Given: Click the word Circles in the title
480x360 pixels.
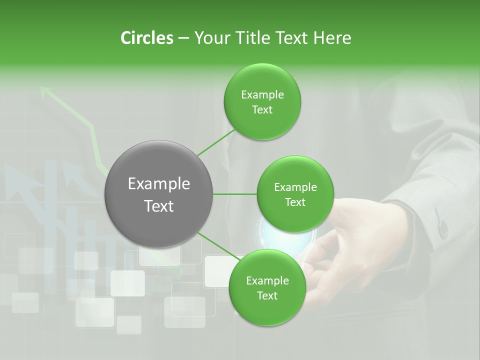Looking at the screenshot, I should [x=146, y=38].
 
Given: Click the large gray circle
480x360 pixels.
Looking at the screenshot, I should [x=159, y=194].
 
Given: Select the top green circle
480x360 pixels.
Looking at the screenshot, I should [x=262, y=102].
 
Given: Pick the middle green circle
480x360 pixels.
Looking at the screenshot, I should [x=295, y=194].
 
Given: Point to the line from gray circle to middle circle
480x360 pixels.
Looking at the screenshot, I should [x=235, y=194].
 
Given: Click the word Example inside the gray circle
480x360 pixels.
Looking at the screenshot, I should [x=159, y=184].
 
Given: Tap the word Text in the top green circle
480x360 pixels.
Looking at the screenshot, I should [x=262, y=110].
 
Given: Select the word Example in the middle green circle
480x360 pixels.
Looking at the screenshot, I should [x=295, y=187].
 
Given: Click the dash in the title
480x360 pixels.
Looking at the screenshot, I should [x=183, y=38].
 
